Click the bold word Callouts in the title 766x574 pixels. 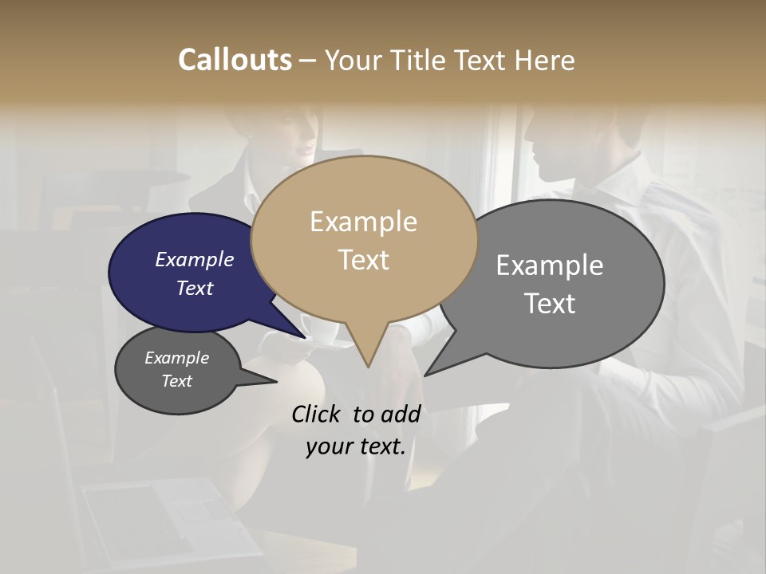pyautogui.click(x=235, y=60)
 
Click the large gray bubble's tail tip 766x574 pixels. pyautogui.click(x=426, y=375)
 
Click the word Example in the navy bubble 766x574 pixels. pyautogui.click(x=194, y=259)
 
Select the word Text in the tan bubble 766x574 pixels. pyautogui.click(x=364, y=260)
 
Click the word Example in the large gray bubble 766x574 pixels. pyautogui.click(x=549, y=265)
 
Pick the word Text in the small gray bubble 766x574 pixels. pyautogui.click(x=176, y=381)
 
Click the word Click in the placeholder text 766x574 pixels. pyautogui.click(x=318, y=414)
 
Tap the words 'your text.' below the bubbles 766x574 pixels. pyautogui.click(x=355, y=446)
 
